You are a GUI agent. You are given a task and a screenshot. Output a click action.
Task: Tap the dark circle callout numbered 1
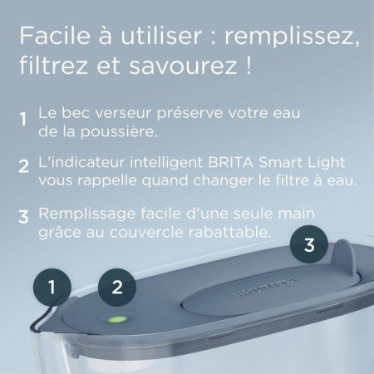coord(52,288)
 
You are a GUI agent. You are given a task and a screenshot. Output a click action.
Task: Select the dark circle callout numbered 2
coord(117,288)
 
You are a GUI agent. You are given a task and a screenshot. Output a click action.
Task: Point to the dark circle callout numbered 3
coord(309,244)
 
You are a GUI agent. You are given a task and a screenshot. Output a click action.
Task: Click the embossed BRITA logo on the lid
coord(267,288)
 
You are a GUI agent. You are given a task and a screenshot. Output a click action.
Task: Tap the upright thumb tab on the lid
coord(344,256)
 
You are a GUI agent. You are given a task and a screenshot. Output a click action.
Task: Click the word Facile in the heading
coord(55,36)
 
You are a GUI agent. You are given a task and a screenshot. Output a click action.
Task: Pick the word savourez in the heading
coord(183,66)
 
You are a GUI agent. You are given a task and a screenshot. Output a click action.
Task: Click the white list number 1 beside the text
coord(23,119)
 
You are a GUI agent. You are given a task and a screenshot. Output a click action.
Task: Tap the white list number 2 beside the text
coord(24,165)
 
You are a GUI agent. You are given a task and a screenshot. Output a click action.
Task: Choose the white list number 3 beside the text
coord(23,217)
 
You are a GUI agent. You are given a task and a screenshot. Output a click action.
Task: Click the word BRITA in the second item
coord(230,162)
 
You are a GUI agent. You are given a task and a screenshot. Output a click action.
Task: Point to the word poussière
coord(119,131)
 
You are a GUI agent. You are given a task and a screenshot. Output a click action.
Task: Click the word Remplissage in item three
coord(87,214)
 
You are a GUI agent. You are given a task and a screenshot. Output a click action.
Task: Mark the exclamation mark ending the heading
coord(249,66)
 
